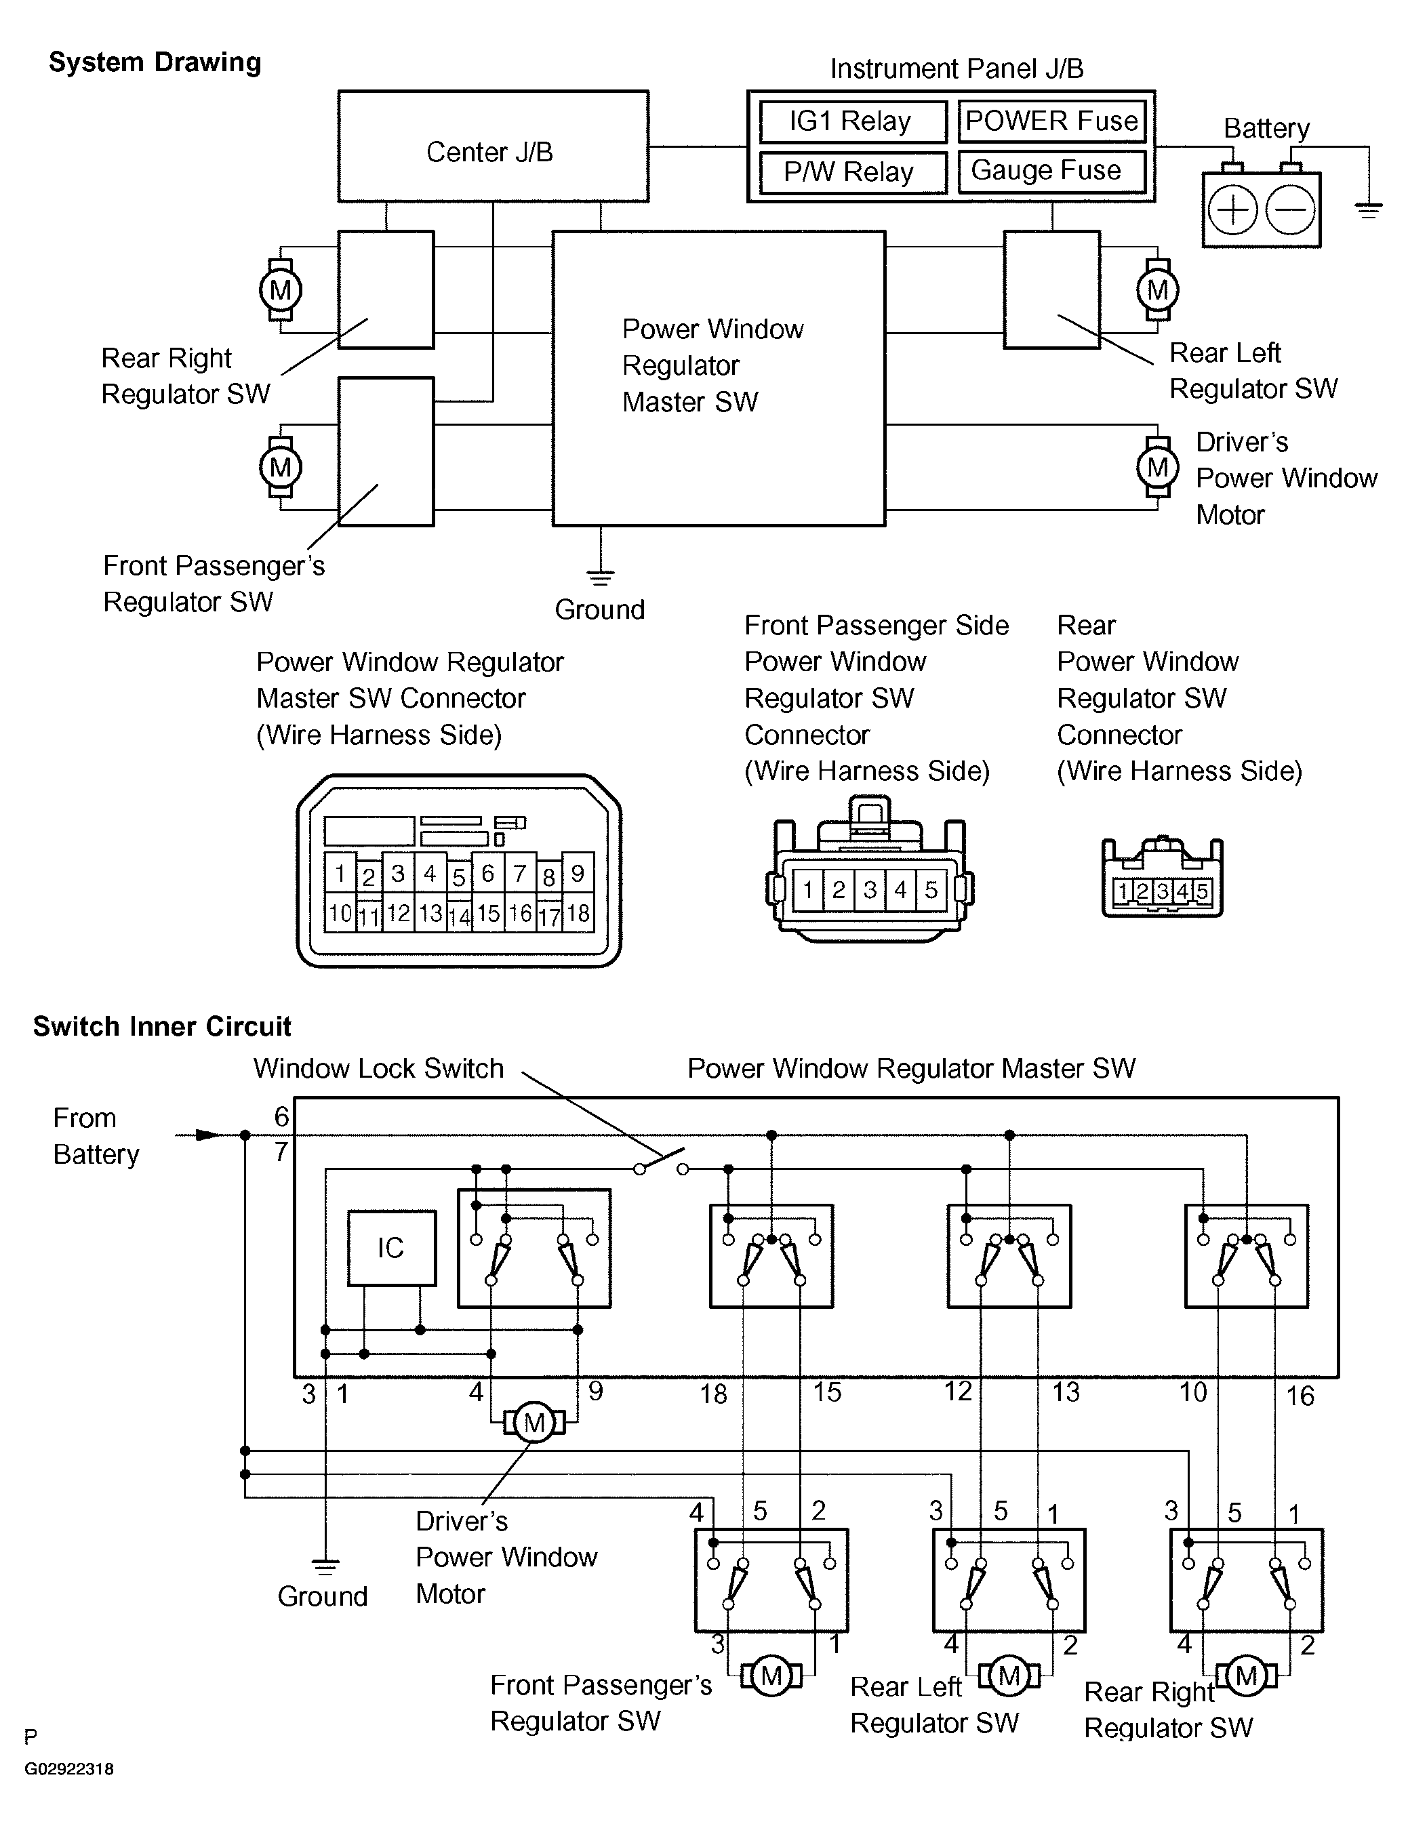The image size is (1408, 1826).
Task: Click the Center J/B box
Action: coord(492,146)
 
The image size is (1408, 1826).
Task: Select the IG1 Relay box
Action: coord(852,122)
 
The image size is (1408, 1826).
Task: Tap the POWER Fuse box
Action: coord(1051,121)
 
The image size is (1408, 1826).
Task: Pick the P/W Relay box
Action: coord(852,172)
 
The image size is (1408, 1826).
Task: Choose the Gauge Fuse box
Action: coord(1051,171)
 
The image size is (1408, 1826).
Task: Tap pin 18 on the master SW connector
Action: coord(578,913)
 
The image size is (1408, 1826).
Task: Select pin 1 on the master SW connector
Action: coord(340,874)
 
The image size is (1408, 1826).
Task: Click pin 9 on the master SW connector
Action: coord(578,874)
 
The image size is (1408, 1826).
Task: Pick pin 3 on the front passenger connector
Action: coord(870,889)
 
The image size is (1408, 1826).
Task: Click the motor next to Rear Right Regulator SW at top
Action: coord(280,290)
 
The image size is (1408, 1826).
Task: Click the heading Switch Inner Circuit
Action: coord(161,1027)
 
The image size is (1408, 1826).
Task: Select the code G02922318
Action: coord(68,1769)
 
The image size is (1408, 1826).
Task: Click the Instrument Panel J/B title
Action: coord(957,68)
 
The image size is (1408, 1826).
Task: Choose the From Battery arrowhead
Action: coord(207,1135)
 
